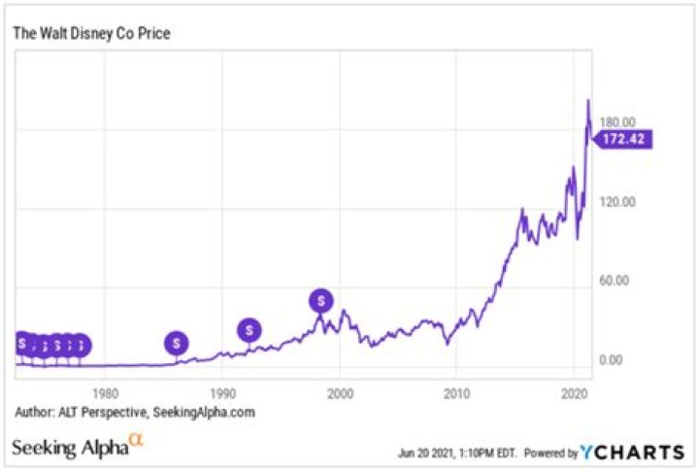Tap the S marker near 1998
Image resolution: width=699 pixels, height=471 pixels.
[320, 301]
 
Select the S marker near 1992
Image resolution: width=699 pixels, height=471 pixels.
[250, 330]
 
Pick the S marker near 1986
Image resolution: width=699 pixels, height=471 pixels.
[176, 342]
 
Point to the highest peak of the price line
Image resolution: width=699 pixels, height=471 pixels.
[587, 100]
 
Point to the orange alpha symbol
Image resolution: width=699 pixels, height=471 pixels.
[136, 442]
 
